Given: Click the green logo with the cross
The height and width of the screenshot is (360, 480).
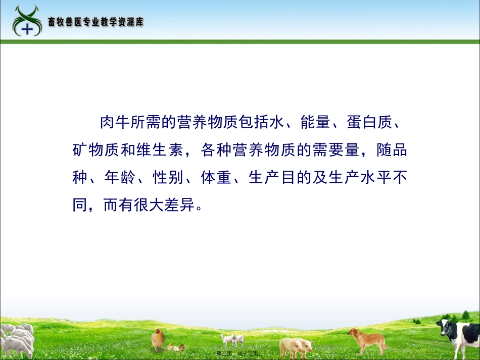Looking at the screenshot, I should [27, 21].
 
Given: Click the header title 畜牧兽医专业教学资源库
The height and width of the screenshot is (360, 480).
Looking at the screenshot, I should [95, 22].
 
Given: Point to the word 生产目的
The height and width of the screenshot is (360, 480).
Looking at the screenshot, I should [281, 179].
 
